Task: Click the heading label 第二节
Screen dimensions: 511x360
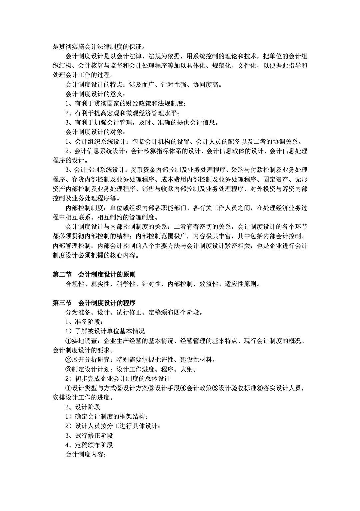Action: pos(62,275)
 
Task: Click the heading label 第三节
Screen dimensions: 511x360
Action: pos(62,303)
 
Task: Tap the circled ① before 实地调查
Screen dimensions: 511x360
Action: pos(68,341)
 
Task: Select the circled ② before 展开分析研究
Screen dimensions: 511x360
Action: pos(68,360)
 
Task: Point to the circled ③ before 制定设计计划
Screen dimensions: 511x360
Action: pos(68,369)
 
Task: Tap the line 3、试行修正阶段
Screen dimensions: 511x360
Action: pos(89,436)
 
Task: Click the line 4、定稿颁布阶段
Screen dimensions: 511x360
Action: pos(89,445)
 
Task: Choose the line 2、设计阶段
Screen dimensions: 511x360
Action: pos(83,407)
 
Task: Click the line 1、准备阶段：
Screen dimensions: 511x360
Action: pos(84,322)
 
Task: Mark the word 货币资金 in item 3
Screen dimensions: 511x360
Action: pos(143,170)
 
